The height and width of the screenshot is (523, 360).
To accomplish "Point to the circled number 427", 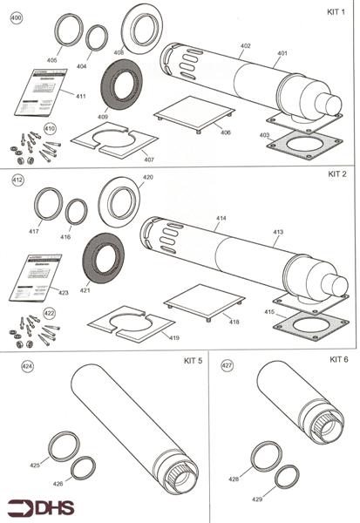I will [x=227, y=366].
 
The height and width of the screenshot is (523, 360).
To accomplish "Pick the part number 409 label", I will [x=103, y=117].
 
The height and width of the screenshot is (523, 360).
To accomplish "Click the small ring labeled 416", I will [x=76, y=211].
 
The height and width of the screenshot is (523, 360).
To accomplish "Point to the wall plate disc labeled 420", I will [x=119, y=203].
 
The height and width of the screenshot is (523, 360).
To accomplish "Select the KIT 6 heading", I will [x=338, y=359].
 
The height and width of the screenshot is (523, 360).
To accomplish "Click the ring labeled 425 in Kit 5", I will [x=61, y=447].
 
